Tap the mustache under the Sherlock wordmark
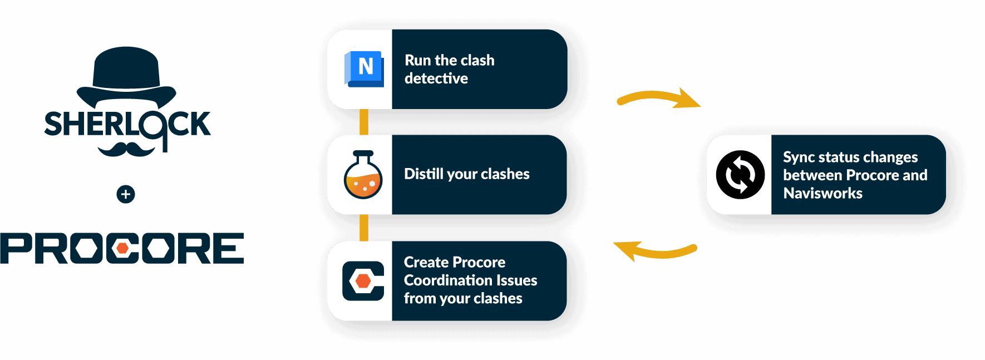tap(126, 149)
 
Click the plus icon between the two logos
tap(126, 194)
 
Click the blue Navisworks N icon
tap(365, 68)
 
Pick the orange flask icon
tap(363, 175)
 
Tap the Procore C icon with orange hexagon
tap(363, 281)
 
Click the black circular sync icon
tap(740, 175)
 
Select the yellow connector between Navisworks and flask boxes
tap(364, 122)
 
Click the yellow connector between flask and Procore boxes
tap(364, 228)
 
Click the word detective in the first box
tap(436, 78)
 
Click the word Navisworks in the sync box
tap(823, 193)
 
